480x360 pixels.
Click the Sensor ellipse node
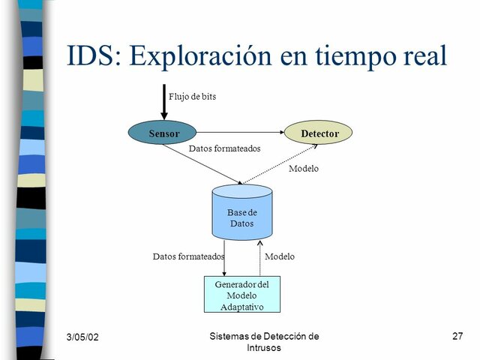pyautogui.click(x=163, y=133)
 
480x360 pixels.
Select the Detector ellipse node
pyautogui.click(x=319, y=133)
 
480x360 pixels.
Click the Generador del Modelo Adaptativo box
pyautogui.click(x=241, y=295)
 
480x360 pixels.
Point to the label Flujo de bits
pyautogui.click(x=192, y=97)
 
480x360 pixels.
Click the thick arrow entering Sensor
pyautogui.click(x=164, y=102)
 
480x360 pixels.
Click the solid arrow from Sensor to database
pyautogui.click(x=202, y=163)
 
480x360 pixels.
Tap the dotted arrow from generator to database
pyautogui.click(x=259, y=259)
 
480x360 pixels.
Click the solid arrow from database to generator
pyautogui.click(x=224, y=259)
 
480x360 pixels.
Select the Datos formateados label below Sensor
pyautogui.click(x=224, y=148)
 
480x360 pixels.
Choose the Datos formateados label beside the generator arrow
pyautogui.click(x=188, y=256)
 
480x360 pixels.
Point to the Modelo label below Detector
pyautogui.click(x=304, y=169)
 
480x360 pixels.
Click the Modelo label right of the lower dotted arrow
pyautogui.click(x=280, y=256)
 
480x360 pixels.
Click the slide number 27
pyautogui.click(x=457, y=337)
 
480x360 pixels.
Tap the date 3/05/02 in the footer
pyautogui.click(x=82, y=337)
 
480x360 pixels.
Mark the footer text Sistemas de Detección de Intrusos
pyautogui.click(x=263, y=342)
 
